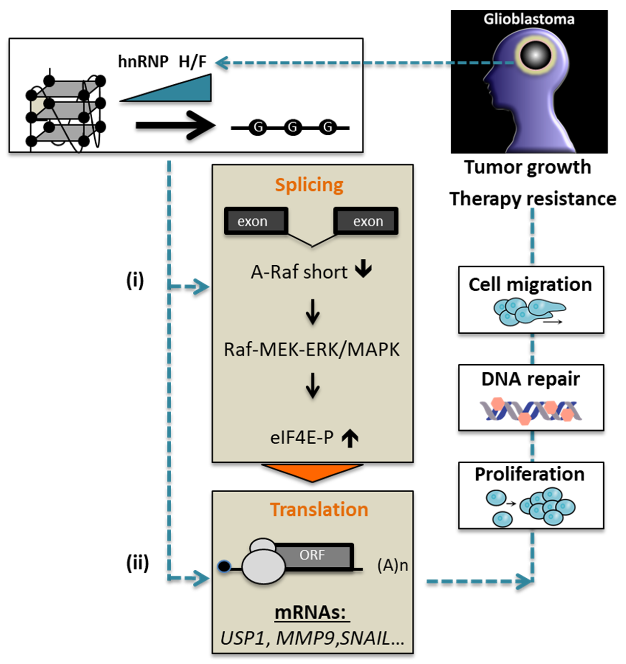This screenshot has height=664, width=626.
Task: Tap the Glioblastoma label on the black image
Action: coord(529,19)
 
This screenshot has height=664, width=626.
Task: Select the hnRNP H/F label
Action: coord(163,61)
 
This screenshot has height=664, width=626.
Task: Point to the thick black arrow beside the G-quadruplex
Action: coord(175,126)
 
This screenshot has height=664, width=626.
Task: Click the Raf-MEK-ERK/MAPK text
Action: coord(312,350)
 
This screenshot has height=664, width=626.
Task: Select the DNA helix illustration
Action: coord(530,410)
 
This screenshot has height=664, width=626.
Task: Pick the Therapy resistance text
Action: coord(533,199)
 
